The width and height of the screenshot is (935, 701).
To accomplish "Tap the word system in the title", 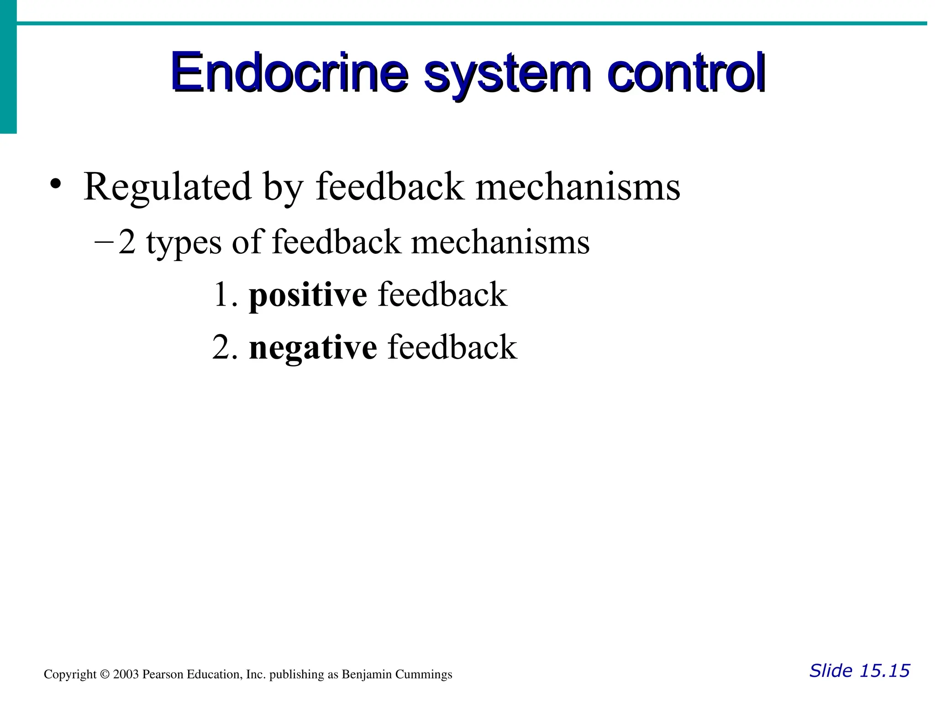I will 507,75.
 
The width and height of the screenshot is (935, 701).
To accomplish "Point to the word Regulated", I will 168,187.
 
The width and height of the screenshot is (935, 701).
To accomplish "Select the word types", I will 184,244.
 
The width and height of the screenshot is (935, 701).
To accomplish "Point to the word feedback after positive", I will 442,294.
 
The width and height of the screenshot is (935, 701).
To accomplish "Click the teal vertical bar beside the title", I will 8,68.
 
